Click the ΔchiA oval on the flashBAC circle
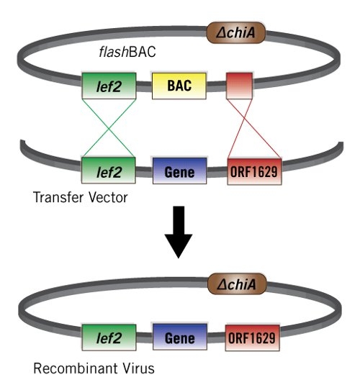236,32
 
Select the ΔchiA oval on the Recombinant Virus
237,284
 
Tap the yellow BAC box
179,86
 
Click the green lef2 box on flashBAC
109,86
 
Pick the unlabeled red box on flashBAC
239,86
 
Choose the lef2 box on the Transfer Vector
109,171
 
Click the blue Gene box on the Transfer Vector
179,171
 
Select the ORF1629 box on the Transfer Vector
254,171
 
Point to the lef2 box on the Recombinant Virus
109,338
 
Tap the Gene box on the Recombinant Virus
180,337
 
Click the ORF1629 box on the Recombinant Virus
253,338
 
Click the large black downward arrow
179,232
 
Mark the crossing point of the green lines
109,128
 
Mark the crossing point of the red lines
245,119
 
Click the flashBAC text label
127,52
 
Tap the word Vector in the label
108,197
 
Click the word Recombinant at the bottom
75,368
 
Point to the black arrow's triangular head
179,245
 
